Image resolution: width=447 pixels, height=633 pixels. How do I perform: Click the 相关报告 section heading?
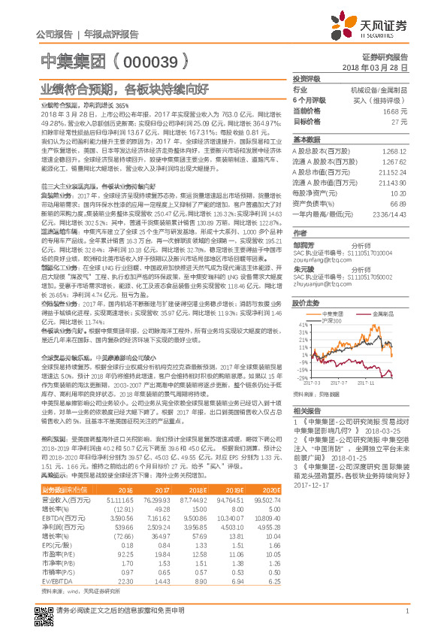point(307,411)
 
